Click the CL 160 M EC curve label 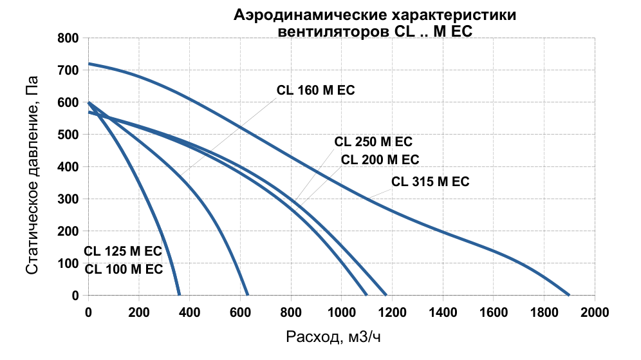(x=316, y=90)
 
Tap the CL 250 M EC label (x=373, y=142)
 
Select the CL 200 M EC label (x=380, y=160)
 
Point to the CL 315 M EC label (x=431, y=182)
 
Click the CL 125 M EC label (x=123, y=251)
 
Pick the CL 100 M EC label (x=124, y=269)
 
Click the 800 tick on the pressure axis (x=67, y=39)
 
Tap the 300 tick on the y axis (x=67, y=199)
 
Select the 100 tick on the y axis (x=67, y=263)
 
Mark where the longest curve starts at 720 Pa (x=89, y=64)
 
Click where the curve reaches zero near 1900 (x=569, y=295)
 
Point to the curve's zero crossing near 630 (x=248, y=295)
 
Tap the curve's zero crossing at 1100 (x=366, y=295)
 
